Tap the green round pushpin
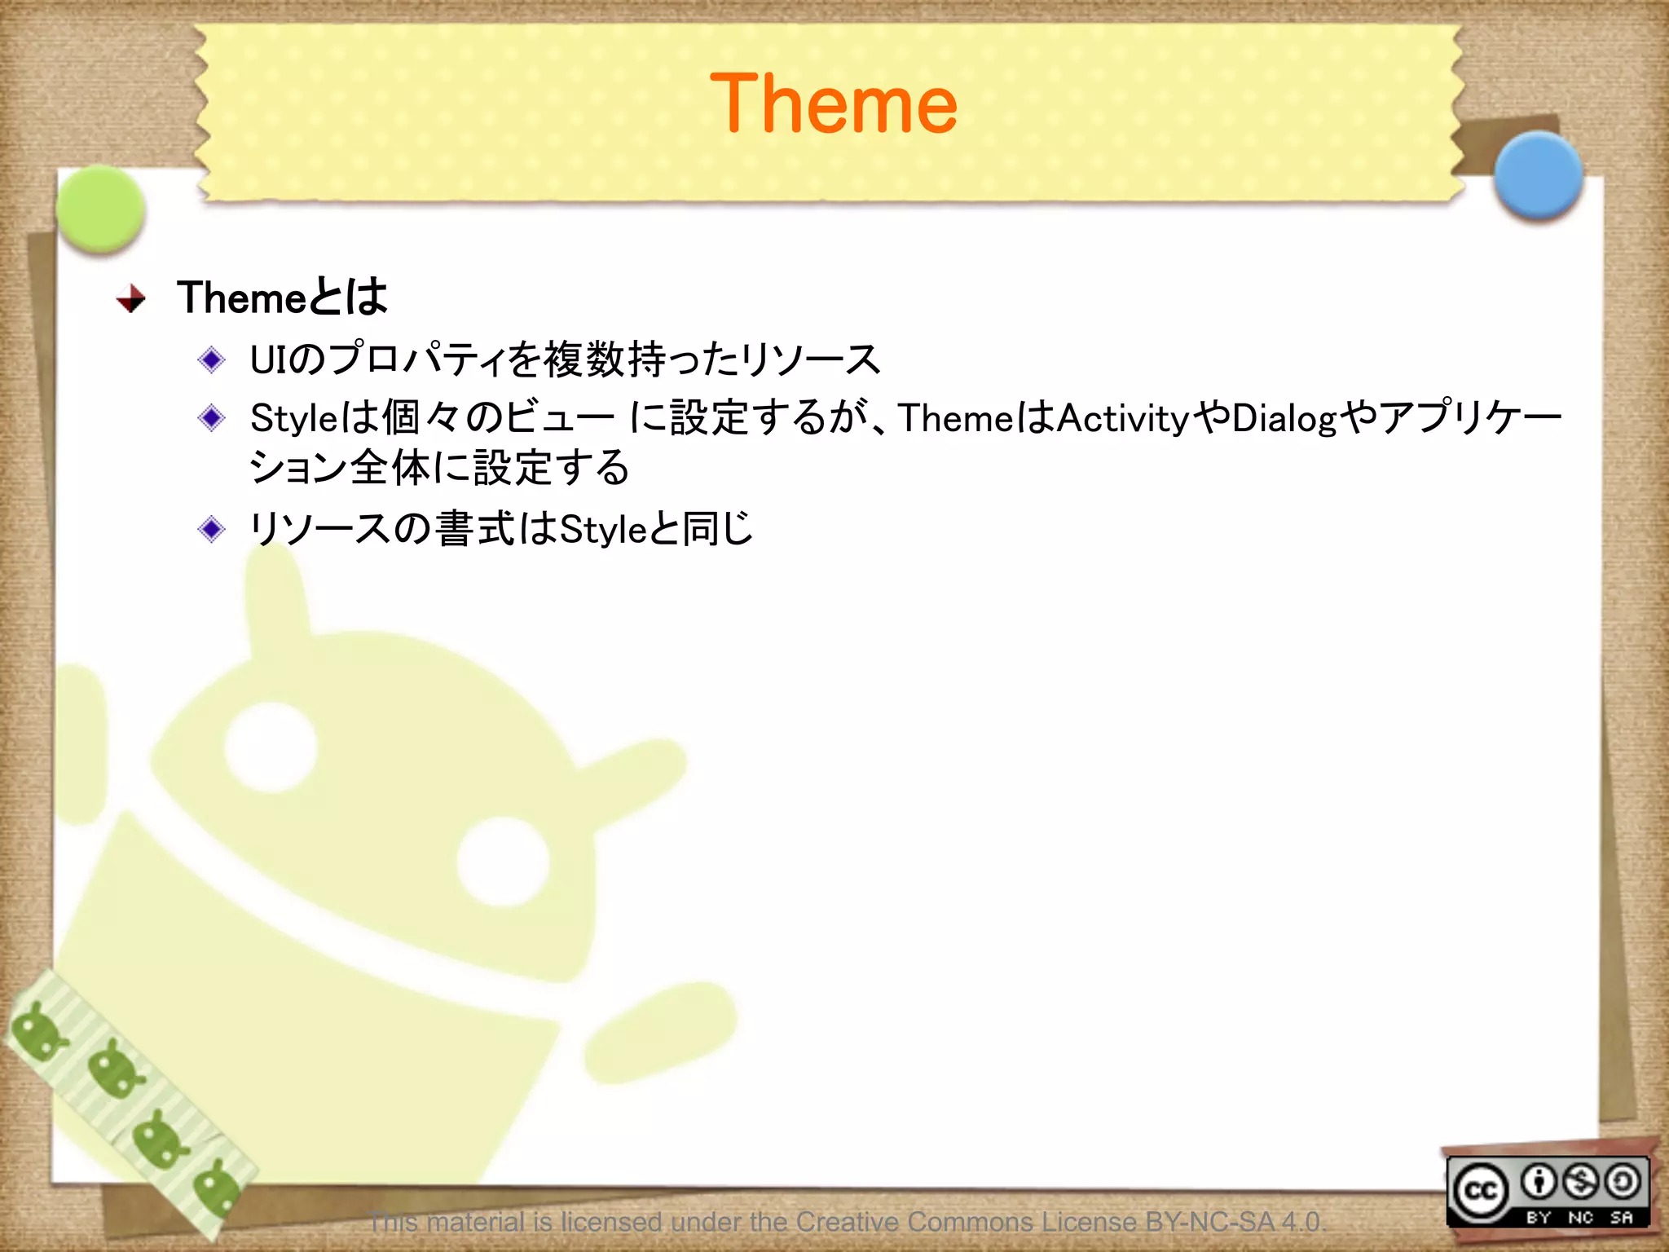[101, 209]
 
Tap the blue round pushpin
[1539, 174]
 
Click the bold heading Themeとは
[282, 297]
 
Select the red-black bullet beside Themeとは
[131, 298]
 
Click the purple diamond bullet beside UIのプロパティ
[212, 359]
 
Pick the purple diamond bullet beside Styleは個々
[212, 418]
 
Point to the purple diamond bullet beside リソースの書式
[212, 529]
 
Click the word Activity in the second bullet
[1123, 419]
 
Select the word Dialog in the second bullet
[1284, 419]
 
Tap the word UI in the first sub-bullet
[268, 359]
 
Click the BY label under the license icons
[1538, 1217]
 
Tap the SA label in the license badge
[1622, 1217]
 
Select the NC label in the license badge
[1580, 1217]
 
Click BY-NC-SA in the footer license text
[1209, 1222]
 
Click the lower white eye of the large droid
[503, 861]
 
